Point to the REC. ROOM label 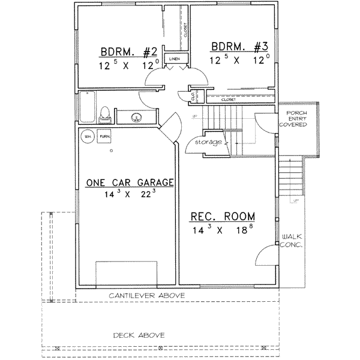tap(223, 217)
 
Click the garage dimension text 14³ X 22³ tap(130, 194)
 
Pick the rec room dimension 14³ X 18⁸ tap(223, 229)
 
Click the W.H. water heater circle tap(88, 136)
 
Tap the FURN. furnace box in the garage tap(104, 136)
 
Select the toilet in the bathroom tap(106, 112)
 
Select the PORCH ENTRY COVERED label tap(296, 119)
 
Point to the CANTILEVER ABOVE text tap(146, 296)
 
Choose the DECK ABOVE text tap(139, 335)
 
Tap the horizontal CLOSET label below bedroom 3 tap(228, 100)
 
